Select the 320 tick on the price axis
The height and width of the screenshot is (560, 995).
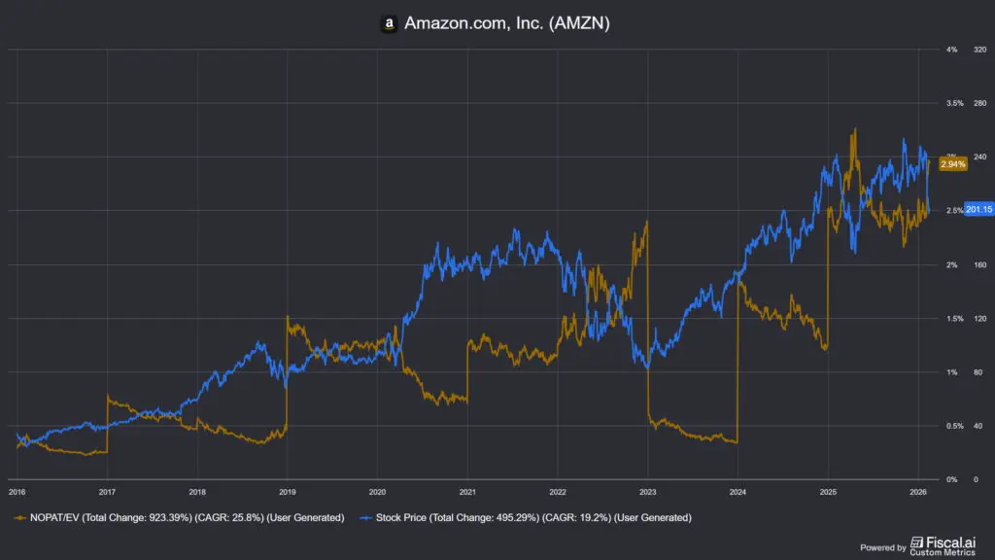click(x=979, y=49)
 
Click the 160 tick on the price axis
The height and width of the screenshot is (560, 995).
click(x=979, y=264)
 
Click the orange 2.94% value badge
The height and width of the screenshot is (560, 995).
click(x=953, y=164)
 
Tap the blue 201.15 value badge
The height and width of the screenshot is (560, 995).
click(x=977, y=210)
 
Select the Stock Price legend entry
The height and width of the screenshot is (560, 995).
click(x=531, y=517)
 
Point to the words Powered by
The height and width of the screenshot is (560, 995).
click(x=883, y=547)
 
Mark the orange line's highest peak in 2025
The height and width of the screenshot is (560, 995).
click(x=854, y=129)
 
